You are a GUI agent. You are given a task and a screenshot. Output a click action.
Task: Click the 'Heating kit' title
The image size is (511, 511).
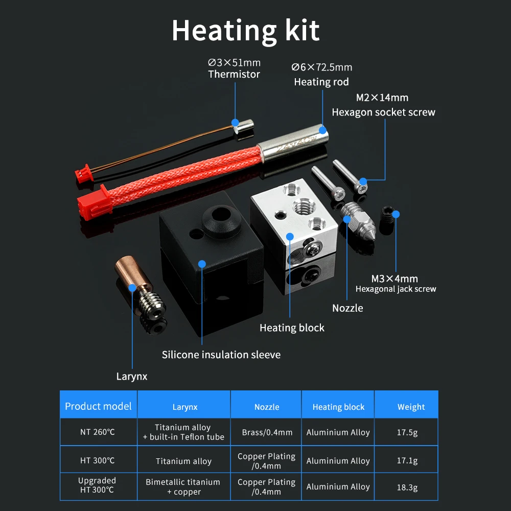tap(245, 31)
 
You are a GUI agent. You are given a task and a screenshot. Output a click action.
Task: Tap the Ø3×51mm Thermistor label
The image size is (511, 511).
tap(234, 68)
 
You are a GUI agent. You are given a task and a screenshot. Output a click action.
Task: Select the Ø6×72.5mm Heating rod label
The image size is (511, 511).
tap(321, 75)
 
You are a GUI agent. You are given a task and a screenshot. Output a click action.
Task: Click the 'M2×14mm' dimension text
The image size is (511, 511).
tap(382, 98)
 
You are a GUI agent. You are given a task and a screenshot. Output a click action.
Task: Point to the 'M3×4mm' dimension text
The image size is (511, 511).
tap(394, 278)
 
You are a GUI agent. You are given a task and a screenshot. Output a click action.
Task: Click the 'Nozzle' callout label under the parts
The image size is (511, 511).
tap(347, 308)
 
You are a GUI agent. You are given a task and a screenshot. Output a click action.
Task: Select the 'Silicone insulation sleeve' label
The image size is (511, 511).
tap(221, 355)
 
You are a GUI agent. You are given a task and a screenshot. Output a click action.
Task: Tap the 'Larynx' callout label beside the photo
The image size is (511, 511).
tap(132, 377)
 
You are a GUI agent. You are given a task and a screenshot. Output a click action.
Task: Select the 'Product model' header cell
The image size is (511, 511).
tap(98, 407)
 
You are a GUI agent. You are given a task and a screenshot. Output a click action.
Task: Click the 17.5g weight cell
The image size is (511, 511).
tap(407, 433)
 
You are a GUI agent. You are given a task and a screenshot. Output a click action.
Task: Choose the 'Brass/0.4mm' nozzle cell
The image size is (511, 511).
tap(267, 433)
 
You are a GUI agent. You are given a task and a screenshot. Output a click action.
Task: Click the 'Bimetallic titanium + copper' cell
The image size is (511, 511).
tap(183, 486)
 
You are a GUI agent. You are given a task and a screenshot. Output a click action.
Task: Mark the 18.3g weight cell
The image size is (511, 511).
tap(407, 487)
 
